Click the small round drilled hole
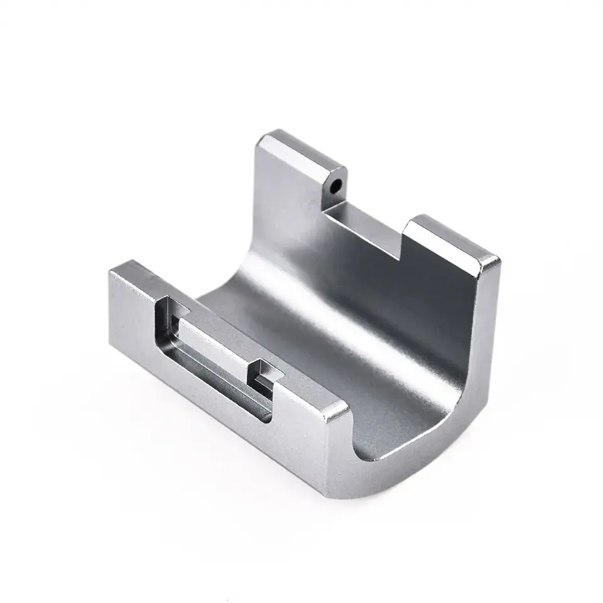337,187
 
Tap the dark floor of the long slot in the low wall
220,364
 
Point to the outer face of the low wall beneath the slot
207,402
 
